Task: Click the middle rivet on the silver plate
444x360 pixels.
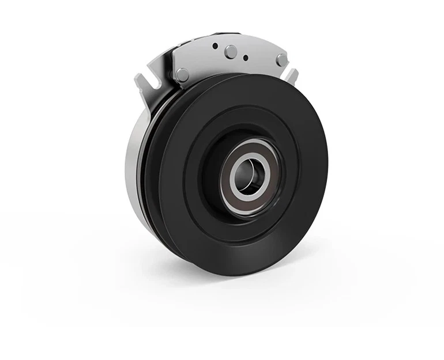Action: [230, 51]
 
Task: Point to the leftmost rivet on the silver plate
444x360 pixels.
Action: [182, 74]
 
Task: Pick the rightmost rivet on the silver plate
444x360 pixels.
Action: [281, 59]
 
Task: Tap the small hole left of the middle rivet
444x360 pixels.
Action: [215, 46]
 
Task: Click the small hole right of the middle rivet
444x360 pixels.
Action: [246, 58]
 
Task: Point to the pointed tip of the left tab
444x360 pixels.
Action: [138, 77]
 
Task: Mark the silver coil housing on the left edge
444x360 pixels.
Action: [132, 167]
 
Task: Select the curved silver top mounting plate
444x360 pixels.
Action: [254, 49]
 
